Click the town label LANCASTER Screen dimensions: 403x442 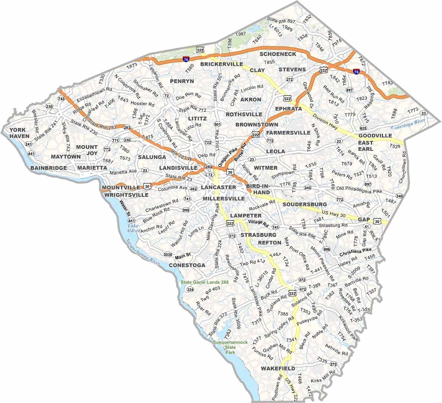218,187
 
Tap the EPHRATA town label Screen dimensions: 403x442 289,109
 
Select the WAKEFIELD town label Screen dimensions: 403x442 278,368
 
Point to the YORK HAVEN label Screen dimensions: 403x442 19,133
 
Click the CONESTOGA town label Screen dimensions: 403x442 187,265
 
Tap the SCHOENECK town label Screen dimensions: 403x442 278,54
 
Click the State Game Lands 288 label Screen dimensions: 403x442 205,282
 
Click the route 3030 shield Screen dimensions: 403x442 168,254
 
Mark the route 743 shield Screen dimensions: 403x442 61,99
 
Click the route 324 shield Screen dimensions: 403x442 190,289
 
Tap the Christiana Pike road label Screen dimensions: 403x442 355,252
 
